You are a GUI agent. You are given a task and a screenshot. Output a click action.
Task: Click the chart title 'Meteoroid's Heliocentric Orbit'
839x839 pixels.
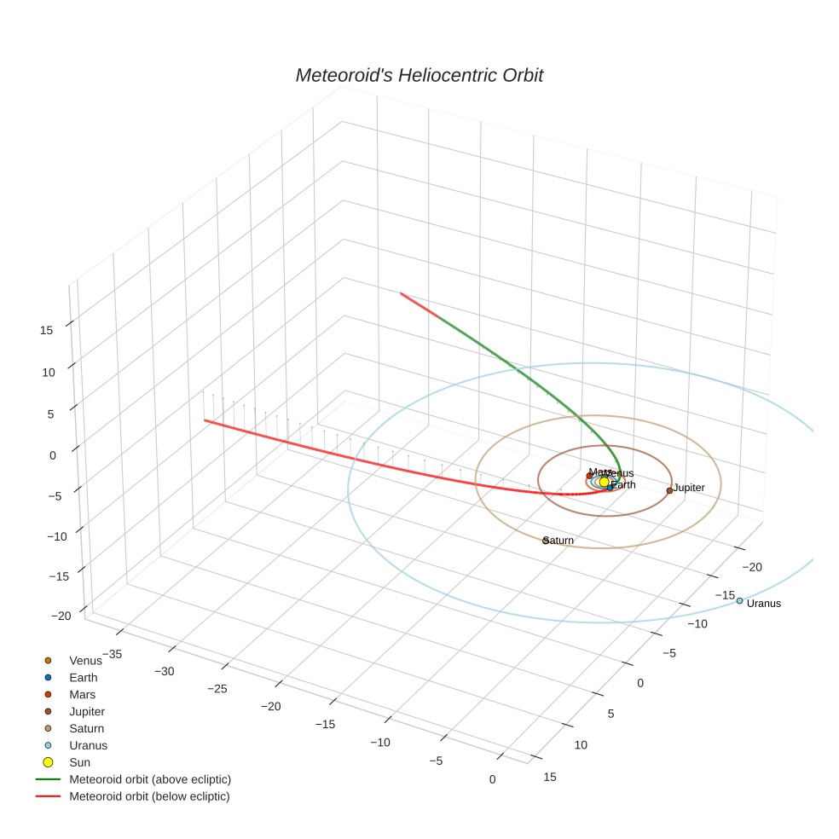(x=419, y=76)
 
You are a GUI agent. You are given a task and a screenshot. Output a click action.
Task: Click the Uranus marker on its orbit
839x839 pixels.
(x=739, y=601)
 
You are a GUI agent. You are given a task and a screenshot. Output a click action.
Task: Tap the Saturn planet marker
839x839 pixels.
(x=546, y=540)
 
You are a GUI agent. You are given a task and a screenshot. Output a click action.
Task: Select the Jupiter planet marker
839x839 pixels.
(x=669, y=490)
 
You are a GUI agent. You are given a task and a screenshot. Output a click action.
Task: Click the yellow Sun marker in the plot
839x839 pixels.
(x=604, y=482)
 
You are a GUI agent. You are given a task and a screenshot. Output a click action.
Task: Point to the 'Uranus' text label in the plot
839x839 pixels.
(x=763, y=604)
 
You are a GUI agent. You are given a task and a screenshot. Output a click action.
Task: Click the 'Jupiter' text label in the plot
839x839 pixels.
(x=689, y=488)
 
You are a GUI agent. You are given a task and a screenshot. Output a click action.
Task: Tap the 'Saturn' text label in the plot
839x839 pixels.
(x=559, y=541)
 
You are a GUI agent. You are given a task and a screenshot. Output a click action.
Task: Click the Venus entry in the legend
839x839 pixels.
(x=85, y=661)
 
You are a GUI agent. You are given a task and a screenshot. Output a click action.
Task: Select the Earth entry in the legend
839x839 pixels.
(x=84, y=678)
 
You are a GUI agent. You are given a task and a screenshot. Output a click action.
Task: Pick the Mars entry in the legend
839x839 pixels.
(x=83, y=695)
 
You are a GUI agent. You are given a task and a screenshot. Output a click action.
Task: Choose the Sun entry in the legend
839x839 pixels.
(x=79, y=762)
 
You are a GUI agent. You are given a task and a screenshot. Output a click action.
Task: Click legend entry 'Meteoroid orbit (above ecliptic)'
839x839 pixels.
(x=149, y=779)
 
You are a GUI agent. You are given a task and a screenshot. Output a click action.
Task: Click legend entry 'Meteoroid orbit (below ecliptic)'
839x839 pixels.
(x=149, y=796)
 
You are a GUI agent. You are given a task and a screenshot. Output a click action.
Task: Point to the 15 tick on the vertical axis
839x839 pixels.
(x=47, y=330)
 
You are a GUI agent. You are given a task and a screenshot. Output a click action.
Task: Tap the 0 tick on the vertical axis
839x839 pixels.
(x=52, y=455)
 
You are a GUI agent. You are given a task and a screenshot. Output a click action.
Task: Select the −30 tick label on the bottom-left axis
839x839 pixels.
(x=165, y=671)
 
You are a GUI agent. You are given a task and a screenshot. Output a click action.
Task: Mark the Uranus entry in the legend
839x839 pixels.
(x=88, y=745)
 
